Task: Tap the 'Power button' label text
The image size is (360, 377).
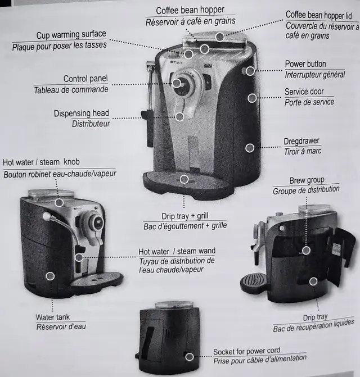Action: (x=305, y=64)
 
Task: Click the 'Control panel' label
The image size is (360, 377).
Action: (x=85, y=79)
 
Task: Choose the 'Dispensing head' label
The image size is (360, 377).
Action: (x=82, y=113)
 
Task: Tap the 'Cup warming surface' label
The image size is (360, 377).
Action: (x=71, y=35)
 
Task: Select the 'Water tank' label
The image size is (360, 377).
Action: (x=52, y=317)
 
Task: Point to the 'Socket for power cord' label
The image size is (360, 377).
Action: (x=246, y=351)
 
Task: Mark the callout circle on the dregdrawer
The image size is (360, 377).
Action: (x=249, y=148)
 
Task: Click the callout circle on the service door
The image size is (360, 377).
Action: (x=252, y=98)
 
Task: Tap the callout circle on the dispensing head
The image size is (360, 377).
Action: (x=179, y=117)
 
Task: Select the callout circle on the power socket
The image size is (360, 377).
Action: (x=190, y=357)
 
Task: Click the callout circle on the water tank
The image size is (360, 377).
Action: (x=51, y=276)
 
